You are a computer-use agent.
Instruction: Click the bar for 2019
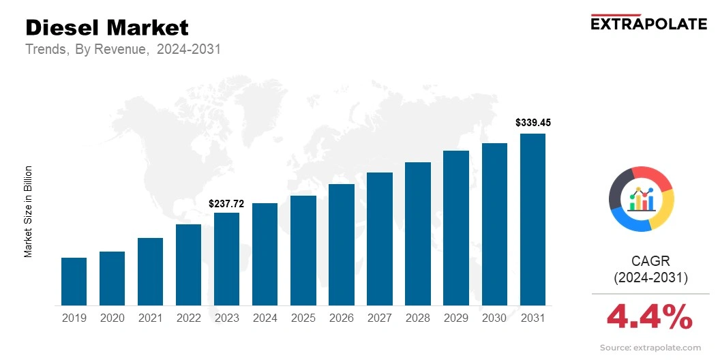tap(74, 281)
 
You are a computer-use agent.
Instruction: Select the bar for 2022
tap(188, 265)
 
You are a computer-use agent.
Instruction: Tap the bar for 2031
tap(532, 219)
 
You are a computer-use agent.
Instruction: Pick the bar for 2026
tap(341, 244)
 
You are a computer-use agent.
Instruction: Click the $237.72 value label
tap(226, 203)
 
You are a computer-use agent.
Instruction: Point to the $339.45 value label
tap(532, 123)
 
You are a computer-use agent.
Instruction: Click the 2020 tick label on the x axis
tap(112, 318)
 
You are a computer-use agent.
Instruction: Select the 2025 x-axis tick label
tap(303, 318)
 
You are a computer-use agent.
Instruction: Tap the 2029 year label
tap(456, 318)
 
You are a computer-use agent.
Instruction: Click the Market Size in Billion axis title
tap(29, 211)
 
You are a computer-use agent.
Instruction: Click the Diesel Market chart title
tap(107, 28)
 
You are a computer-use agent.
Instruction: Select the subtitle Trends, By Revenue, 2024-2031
tap(123, 50)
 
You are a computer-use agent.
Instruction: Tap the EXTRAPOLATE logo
tap(648, 23)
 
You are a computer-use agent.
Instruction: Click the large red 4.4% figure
tap(650, 316)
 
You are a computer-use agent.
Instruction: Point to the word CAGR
tap(651, 261)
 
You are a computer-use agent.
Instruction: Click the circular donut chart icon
tap(642, 198)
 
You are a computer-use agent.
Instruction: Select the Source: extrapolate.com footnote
tap(650, 348)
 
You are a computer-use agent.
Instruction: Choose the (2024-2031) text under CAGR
tap(651, 277)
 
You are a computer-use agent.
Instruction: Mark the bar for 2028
tap(418, 233)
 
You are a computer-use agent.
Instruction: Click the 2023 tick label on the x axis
tap(226, 318)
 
